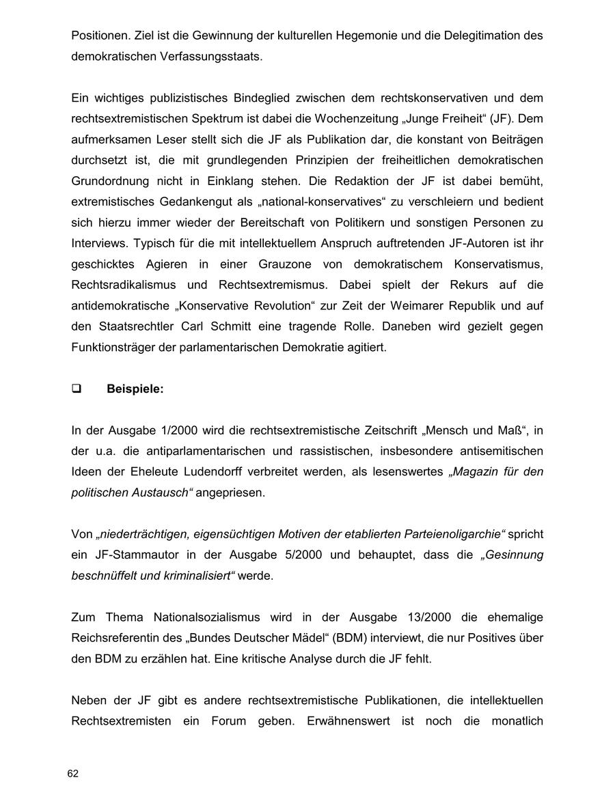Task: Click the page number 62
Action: click(x=73, y=773)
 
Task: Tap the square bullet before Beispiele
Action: click(x=76, y=389)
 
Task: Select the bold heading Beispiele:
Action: click(x=135, y=389)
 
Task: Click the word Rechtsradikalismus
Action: click(x=124, y=285)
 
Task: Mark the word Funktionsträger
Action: click(x=111, y=348)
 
